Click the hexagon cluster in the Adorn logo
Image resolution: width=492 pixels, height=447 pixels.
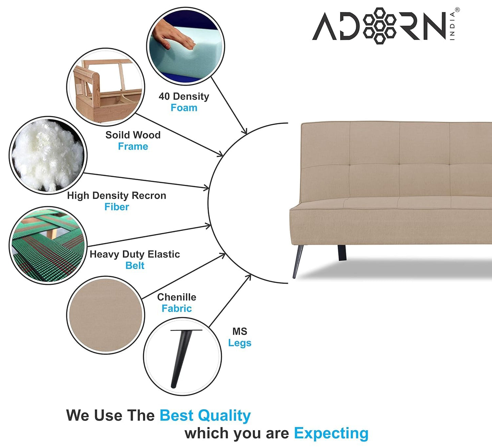(x=380, y=26)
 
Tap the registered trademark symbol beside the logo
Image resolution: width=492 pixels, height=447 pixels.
(x=457, y=10)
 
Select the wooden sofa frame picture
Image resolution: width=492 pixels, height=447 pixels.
(x=106, y=87)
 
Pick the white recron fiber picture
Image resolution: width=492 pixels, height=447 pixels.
(x=48, y=155)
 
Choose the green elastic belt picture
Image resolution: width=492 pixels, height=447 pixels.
(x=48, y=245)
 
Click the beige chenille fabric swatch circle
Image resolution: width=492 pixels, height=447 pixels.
(x=106, y=315)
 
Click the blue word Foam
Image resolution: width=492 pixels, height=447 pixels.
(x=184, y=108)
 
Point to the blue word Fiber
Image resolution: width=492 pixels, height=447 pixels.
(x=117, y=207)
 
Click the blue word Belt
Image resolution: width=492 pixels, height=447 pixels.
(x=135, y=266)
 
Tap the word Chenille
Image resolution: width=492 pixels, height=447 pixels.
(x=177, y=297)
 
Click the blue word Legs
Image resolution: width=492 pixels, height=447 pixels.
(x=240, y=343)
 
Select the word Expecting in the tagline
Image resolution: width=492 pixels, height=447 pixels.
(x=331, y=433)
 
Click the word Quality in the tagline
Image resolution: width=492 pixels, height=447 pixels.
(x=224, y=416)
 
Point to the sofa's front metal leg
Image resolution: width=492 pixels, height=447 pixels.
(x=298, y=261)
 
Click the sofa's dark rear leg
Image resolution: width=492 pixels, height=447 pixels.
(x=342, y=253)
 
